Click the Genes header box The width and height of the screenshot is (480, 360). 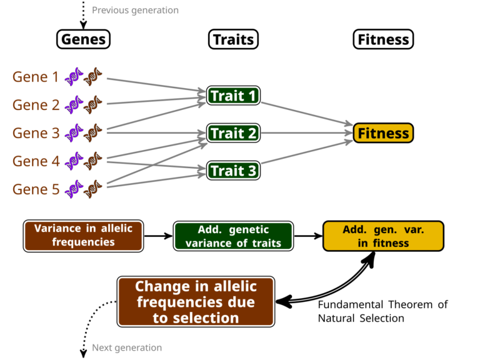[83, 39]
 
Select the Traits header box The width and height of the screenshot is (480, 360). [233, 39]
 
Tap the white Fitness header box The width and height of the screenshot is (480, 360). [383, 39]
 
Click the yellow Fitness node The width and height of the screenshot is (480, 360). [383, 133]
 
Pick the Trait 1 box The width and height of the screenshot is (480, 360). [233, 96]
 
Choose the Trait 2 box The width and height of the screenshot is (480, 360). [233, 133]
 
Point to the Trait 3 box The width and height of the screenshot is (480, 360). [233, 171]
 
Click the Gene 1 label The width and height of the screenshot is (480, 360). [36, 76]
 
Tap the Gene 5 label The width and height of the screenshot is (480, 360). [36, 189]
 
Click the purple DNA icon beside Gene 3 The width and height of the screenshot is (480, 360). [74, 133]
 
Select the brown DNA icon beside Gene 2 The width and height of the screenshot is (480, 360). [92, 105]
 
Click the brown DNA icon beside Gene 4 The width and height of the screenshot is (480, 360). [92, 161]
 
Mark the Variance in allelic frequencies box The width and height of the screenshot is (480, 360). [83, 236]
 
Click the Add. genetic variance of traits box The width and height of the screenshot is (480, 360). [233, 236]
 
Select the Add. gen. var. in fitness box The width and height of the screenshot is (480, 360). [383, 236]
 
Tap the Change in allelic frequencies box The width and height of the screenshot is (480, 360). [196, 302]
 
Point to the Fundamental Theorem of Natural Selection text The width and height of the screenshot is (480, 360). [382, 311]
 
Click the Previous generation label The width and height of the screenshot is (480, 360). [135, 11]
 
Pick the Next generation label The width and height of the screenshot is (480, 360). [127, 347]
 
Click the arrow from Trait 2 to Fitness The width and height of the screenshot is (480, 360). [307, 133]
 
